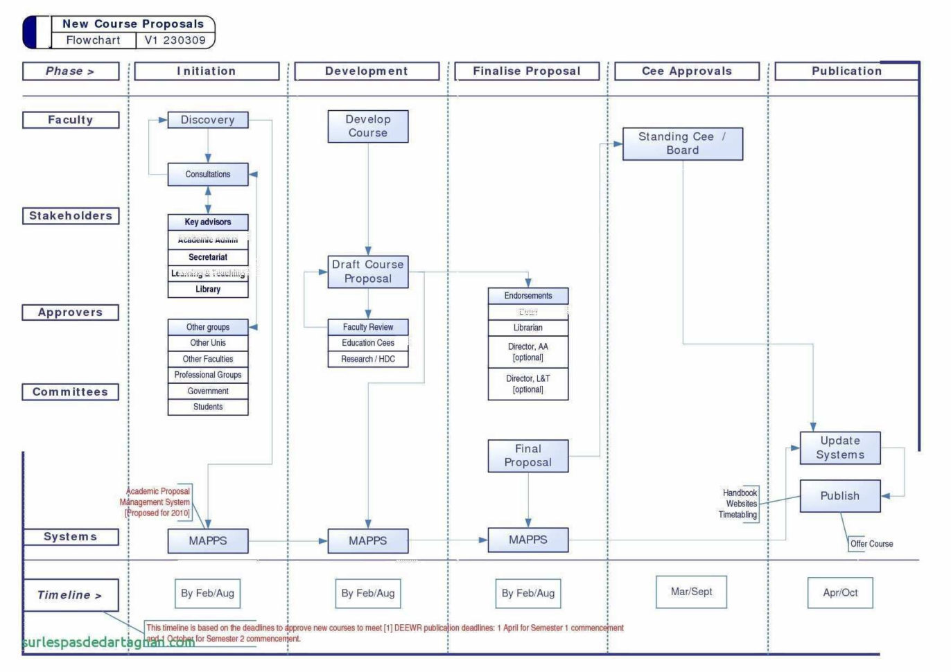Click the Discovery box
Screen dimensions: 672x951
tap(207, 120)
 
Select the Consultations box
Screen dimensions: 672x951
tap(207, 175)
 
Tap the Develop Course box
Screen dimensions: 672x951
tap(367, 126)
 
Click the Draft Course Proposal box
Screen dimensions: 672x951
tap(367, 272)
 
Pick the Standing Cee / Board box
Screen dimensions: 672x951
tap(682, 143)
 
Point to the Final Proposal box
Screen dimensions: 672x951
tap(527, 456)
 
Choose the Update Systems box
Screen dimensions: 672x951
tap(839, 448)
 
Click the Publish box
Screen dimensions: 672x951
tap(839, 496)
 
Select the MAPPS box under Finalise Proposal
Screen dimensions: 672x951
tap(527, 540)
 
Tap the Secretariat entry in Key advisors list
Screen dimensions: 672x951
tap(207, 257)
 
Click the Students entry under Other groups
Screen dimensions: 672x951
tap(207, 407)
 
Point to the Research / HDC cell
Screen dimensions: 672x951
tap(367, 359)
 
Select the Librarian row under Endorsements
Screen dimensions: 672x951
tap(527, 328)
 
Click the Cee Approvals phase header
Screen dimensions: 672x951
tap(686, 71)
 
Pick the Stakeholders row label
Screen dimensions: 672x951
tap(70, 216)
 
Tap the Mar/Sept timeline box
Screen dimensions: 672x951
tap(691, 592)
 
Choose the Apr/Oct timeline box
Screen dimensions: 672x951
tap(839, 593)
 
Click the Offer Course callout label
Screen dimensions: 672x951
tap(871, 544)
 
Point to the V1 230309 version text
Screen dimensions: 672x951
tap(175, 40)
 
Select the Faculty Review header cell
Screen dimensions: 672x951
tap(367, 327)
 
